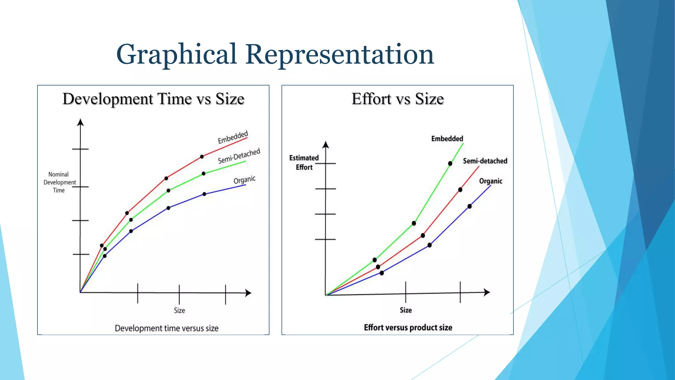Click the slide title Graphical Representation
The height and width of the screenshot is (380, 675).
tap(275, 54)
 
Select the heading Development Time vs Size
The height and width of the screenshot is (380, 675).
tap(153, 99)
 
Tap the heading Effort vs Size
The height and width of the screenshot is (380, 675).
tap(397, 99)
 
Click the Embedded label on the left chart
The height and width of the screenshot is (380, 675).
tap(233, 137)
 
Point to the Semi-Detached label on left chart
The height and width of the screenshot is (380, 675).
tap(239, 156)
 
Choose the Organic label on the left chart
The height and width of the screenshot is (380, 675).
tap(245, 180)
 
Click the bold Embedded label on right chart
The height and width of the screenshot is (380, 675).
tap(447, 139)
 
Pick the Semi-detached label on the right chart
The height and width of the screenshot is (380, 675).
tap(485, 161)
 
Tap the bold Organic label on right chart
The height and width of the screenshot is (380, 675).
tap(490, 181)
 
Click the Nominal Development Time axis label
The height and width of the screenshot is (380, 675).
tap(59, 182)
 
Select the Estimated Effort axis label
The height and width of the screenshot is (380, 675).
tap(304, 163)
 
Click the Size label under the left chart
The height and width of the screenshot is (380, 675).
tap(179, 310)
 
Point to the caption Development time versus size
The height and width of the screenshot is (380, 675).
tap(166, 328)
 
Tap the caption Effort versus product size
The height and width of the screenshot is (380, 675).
tap(408, 328)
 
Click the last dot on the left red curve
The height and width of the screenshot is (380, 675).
tap(202, 157)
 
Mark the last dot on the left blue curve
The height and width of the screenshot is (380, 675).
tap(204, 194)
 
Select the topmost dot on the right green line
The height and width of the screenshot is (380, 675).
tap(450, 164)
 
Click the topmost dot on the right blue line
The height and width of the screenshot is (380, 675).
tap(470, 206)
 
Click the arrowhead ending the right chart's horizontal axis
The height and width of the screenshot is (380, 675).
tap(487, 292)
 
